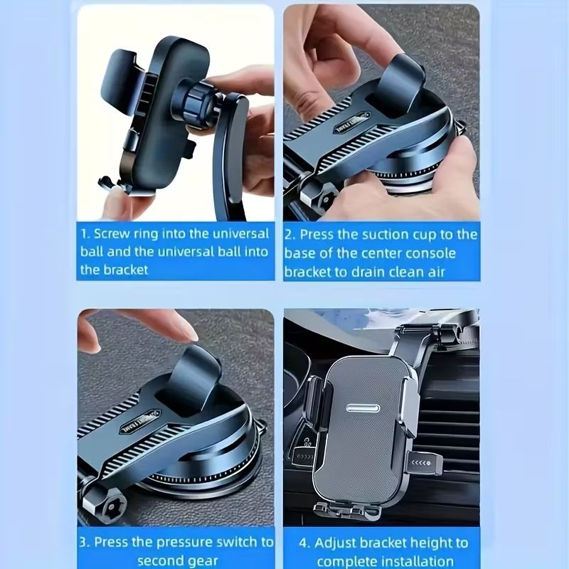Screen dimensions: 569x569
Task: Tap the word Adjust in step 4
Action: [339, 543]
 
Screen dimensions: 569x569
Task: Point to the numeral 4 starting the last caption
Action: [304, 543]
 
